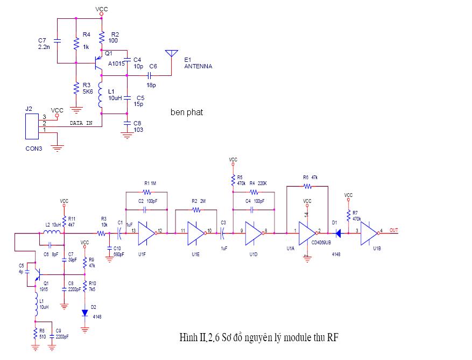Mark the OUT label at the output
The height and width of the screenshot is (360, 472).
[x=394, y=230]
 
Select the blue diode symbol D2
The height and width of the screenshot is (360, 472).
[x=85, y=313]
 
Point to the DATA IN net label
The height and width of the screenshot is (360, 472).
[x=81, y=123]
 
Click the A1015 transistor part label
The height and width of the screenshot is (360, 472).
[x=116, y=63]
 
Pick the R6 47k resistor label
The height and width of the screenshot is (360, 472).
[x=311, y=177]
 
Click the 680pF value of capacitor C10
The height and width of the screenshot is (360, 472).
[x=119, y=254]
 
